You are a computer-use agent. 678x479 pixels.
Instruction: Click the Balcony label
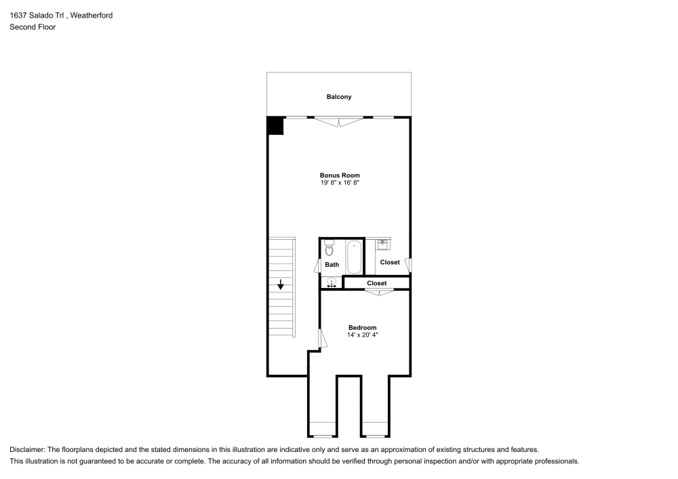pos(339,97)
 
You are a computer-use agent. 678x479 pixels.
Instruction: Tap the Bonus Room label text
pos(340,175)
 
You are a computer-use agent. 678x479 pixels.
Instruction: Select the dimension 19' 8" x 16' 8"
pos(340,183)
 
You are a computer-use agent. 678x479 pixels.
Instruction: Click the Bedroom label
pos(362,327)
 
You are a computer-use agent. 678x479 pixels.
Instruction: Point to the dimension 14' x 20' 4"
pos(362,335)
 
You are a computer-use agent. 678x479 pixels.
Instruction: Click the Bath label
pos(332,265)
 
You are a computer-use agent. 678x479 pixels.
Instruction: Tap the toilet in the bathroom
pos(329,247)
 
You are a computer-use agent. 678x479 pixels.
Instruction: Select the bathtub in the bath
pos(355,257)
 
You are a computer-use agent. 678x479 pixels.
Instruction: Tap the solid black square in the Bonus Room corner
pos(275,126)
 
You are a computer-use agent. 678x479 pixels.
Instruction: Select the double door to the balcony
pos(339,122)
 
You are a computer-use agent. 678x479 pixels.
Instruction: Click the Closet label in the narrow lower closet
pos(377,283)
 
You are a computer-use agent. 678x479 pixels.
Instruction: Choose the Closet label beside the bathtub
pos(390,262)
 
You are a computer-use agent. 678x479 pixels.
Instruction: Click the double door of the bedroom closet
pos(379,292)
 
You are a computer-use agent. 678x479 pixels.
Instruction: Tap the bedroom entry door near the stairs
pos(323,339)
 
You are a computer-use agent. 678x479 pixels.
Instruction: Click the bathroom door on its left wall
pos(318,265)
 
